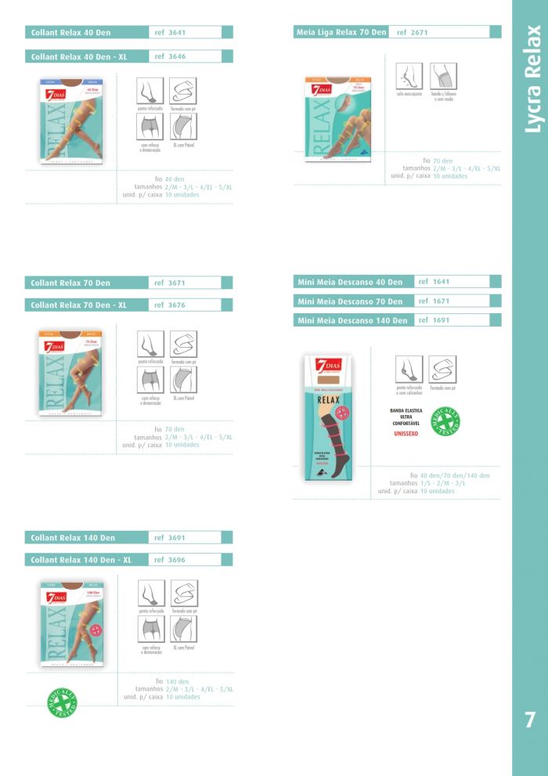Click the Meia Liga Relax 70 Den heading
tap(341, 32)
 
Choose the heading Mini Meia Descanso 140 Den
tap(353, 320)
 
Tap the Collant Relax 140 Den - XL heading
tap(81, 560)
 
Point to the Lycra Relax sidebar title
tap(532, 78)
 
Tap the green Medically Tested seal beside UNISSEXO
tap(446, 420)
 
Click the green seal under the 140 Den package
tap(62, 702)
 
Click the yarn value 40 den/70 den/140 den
tap(455, 475)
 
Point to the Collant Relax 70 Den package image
tap(71, 371)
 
